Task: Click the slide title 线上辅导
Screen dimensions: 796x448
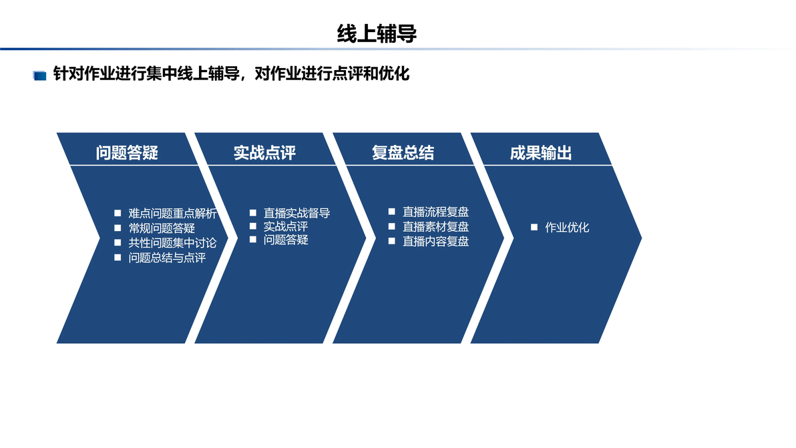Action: pyautogui.click(x=377, y=34)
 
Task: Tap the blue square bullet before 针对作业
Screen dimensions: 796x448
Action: pyautogui.click(x=39, y=75)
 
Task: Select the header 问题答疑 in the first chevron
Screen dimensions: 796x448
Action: pyautogui.click(x=127, y=153)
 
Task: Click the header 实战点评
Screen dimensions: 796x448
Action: pyautogui.click(x=264, y=153)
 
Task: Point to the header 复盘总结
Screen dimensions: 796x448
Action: pyautogui.click(x=403, y=153)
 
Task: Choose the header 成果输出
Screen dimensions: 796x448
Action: pyautogui.click(x=541, y=153)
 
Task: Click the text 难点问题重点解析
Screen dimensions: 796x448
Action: pyautogui.click(x=172, y=214)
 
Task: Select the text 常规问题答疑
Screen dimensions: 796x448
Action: pyautogui.click(x=162, y=228)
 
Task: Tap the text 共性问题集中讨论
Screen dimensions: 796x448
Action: pyautogui.click(x=172, y=243)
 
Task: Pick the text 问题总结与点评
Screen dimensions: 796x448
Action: pyautogui.click(x=167, y=258)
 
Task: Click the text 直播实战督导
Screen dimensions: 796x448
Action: pyautogui.click(x=297, y=213)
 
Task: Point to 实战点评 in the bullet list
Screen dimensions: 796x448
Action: pyautogui.click(x=286, y=226)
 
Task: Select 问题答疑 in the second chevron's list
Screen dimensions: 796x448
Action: pyautogui.click(x=286, y=240)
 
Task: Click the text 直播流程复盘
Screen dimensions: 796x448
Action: pyautogui.click(x=435, y=212)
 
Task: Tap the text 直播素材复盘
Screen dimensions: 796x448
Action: pyautogui.click(x=435, y=226)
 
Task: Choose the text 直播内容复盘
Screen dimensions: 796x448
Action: pyautogui.click(x=435, y=241)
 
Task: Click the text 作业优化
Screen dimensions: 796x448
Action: pyautogui.click(x=567, y=227)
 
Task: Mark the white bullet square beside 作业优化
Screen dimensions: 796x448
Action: pyautogui.click(x=534, y=227)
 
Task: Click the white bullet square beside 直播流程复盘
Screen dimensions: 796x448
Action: pyautogui.click(x=391, y=212)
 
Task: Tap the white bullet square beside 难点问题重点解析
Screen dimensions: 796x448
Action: pyautogui.click(x=118, y=213)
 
